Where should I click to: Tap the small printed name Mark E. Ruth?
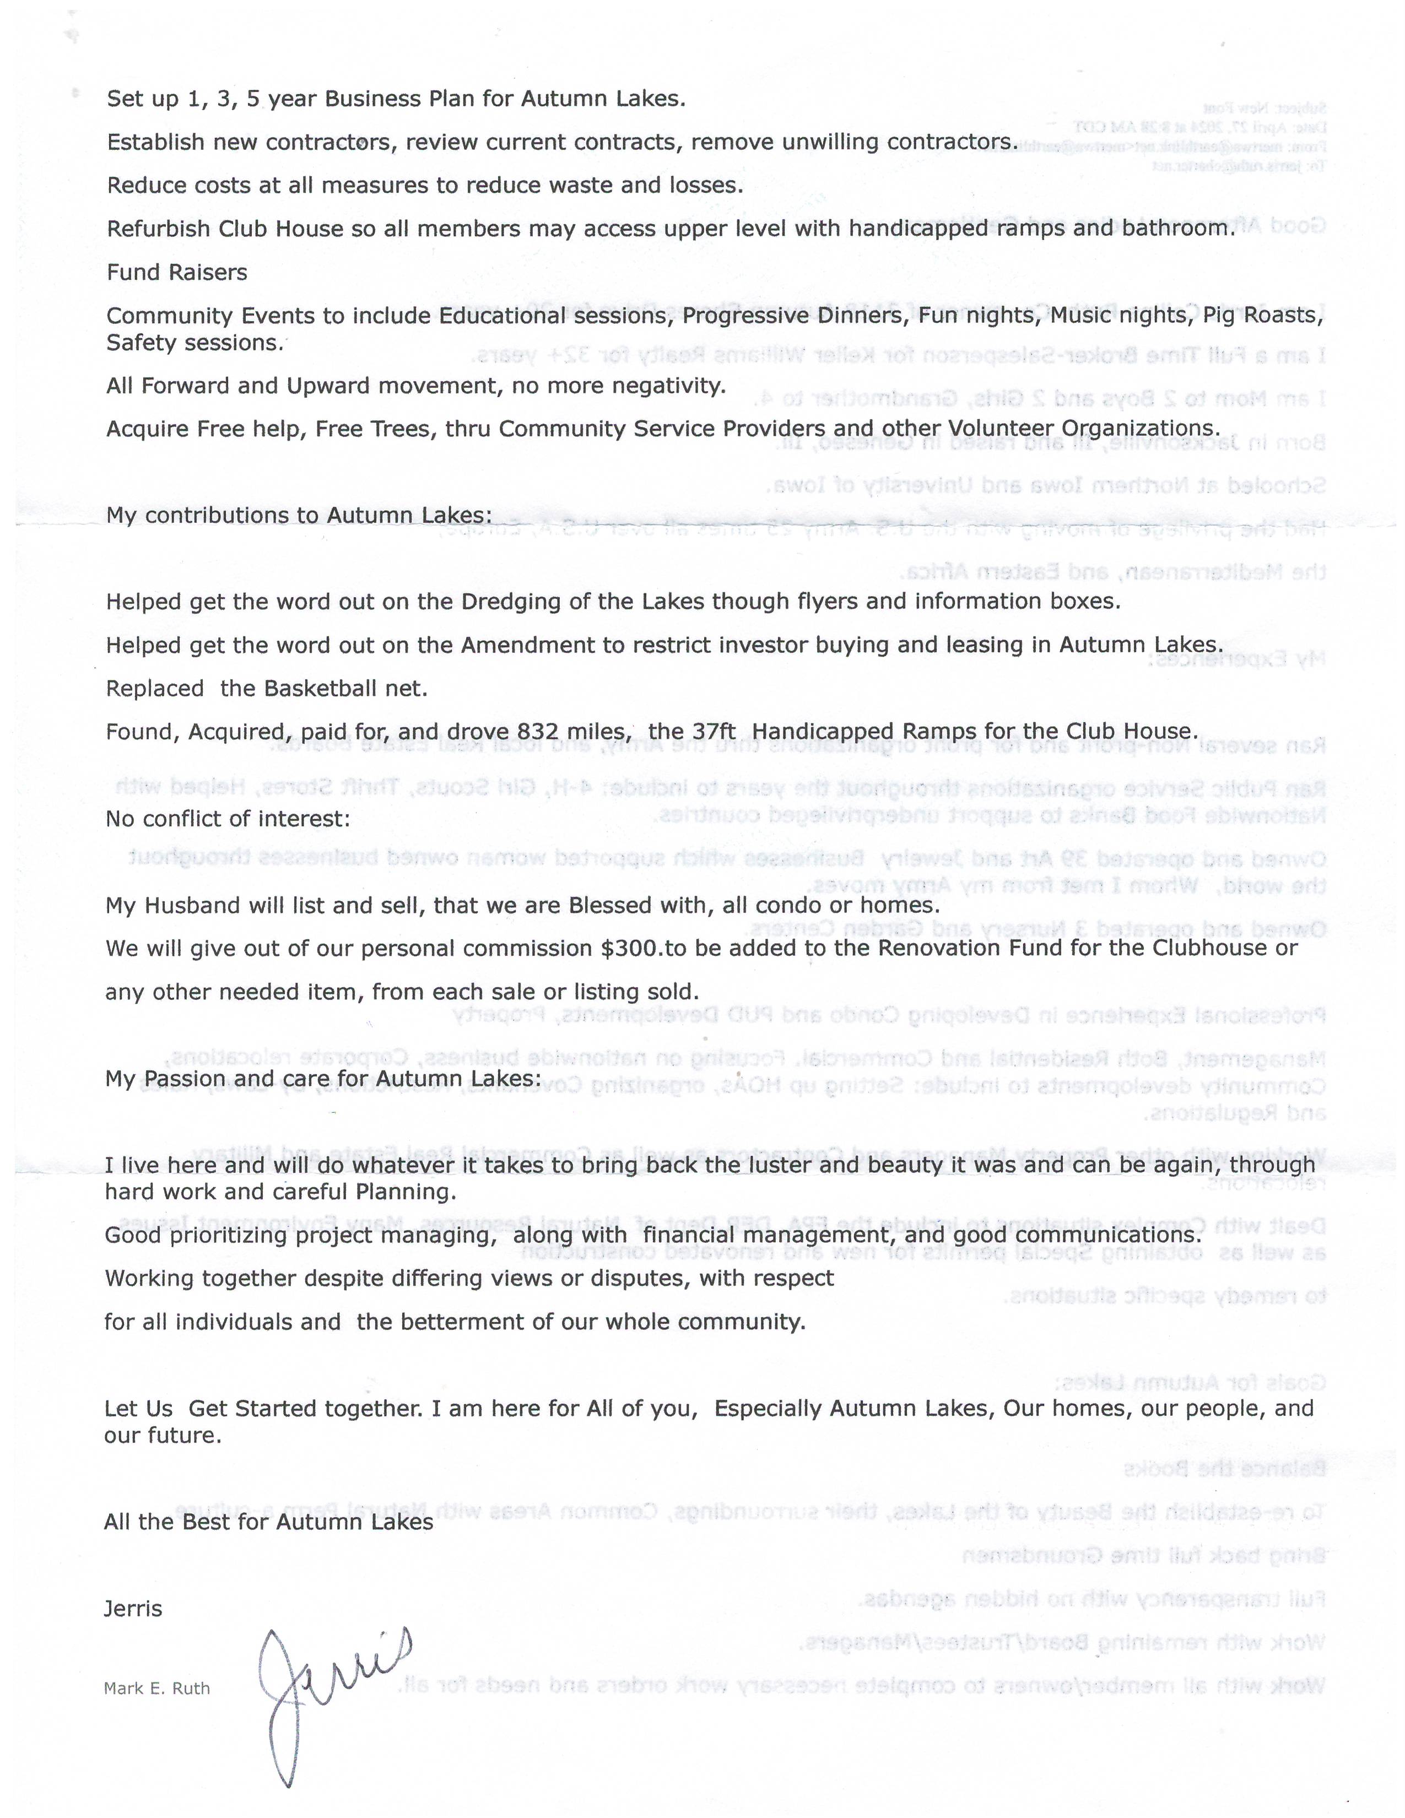(156, 1688)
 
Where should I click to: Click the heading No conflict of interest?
(227, 819)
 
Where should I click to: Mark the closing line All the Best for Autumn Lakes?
(268, 1522)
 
